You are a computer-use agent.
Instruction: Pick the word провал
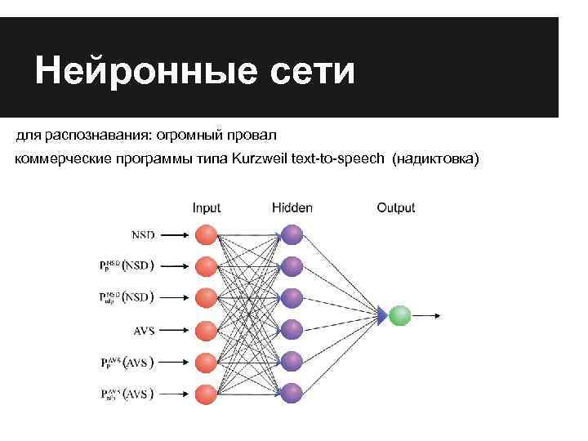click(253, 133)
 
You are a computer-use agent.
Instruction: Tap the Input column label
click(207, 208)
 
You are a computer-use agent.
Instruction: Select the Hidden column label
click(292, 208)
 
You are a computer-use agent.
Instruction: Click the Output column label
click(396, 208)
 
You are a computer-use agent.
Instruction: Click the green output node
click(399, 314)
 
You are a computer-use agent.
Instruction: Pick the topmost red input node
click(207, 234)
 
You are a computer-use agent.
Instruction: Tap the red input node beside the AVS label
click(207, 330)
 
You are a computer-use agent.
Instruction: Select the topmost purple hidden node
click(292, 234)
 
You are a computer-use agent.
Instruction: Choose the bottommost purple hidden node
click(292, 393)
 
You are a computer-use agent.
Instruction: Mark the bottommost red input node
click(207, 393)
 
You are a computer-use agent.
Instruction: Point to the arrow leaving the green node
click(428, 314)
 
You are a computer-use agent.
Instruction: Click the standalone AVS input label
click(144, 331)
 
